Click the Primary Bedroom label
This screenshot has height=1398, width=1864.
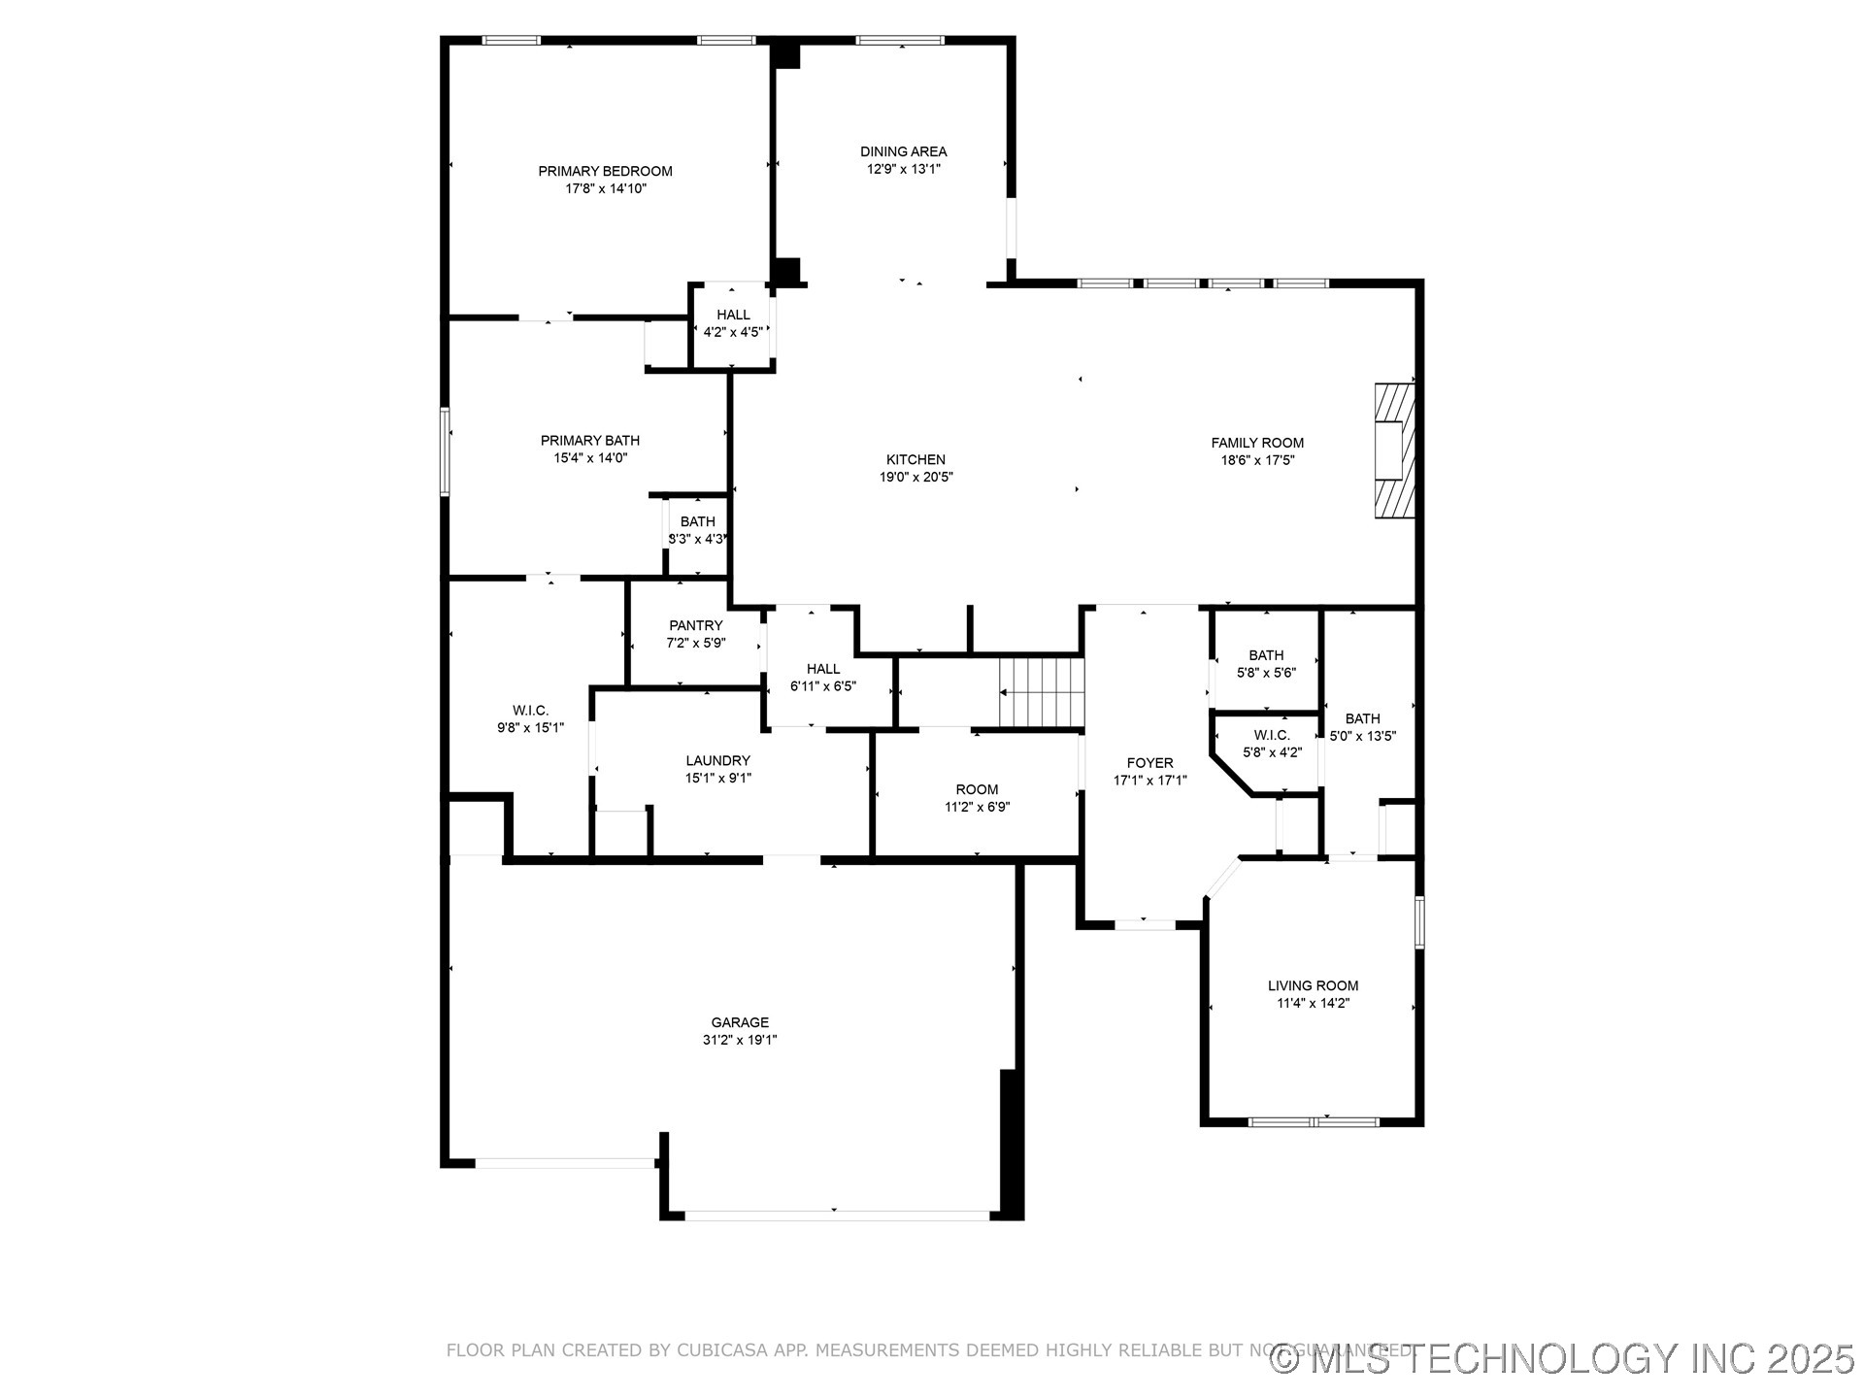coord(605,171)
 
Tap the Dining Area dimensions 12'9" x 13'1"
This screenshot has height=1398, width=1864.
coord(903,169)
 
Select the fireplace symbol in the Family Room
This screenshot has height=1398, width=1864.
coord(1394,450)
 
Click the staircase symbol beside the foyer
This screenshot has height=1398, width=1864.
coord(1041,691)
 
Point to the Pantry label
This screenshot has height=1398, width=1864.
coord(695,625)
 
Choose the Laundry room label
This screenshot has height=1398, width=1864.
coord(717,760)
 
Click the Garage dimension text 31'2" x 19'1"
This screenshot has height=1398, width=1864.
coord(740,1040)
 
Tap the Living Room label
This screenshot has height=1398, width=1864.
coord(1313,985)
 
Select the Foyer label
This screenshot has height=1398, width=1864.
coord(1149,763)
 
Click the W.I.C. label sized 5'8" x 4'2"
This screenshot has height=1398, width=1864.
coord(1271,735)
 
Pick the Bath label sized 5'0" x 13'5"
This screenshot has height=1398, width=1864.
coord(1362,718)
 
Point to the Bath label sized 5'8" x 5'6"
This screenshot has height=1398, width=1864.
coord(1266,655)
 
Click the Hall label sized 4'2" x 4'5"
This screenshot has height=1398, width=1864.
coord(733,315)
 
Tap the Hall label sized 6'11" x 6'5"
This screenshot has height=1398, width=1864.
coord(822,669)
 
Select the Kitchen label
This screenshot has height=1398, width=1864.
coord(915,459)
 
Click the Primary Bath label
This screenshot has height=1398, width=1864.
coord(589,440)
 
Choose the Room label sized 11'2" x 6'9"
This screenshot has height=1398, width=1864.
coord(977,789)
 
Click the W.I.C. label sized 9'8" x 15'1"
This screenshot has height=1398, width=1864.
coord(530,711)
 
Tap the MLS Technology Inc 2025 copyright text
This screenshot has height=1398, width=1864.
coord(1563,1358)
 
